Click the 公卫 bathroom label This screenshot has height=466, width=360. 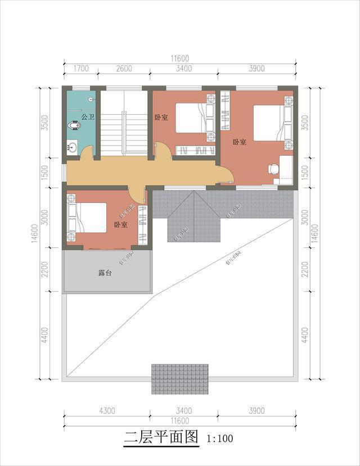pyautogui.click(x=87, y=117)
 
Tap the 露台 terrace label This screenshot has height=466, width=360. pyautogui.click(x=106, y=273)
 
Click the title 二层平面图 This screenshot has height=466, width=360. pyautogui.click(x=161, y=437)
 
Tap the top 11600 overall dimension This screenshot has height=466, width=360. pyautogui.click(x=180, y=58)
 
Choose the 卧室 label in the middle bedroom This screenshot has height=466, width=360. pyautogui.click(x=161, y=117)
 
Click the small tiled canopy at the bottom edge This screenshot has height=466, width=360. pyautogui.click(x=179, y=378)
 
